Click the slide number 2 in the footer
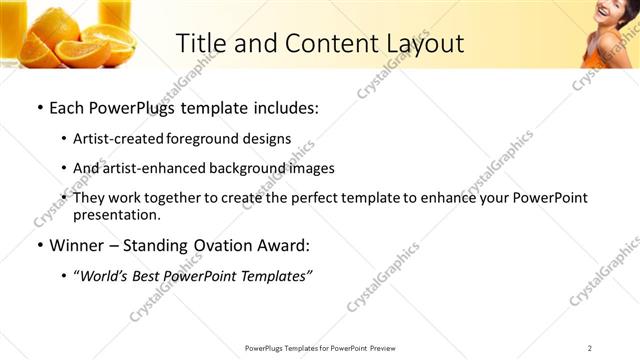coord(590,348)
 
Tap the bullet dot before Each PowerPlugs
coord(39,107)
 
